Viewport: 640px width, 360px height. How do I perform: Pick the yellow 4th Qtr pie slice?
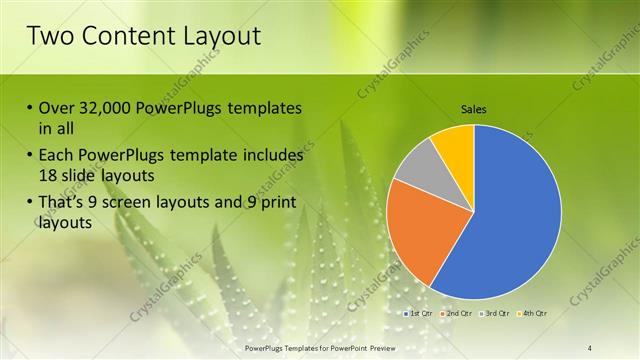pyautogui.click(x=455, y=143)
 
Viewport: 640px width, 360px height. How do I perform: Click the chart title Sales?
pyautogui.click(x=473, y=109)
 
